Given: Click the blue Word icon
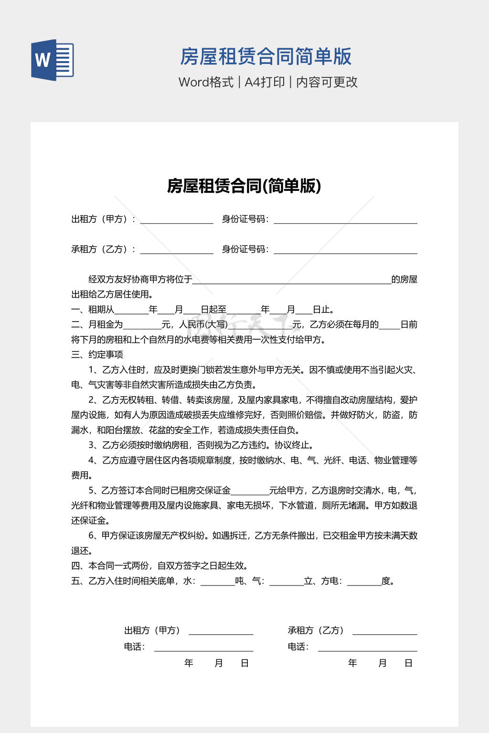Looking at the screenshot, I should click(x=53, y=60).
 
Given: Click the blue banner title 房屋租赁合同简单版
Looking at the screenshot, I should click(x=266, y=56).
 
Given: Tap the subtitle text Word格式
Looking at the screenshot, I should click(x=206, y=82).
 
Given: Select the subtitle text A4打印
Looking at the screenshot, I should click(x=265, y=82).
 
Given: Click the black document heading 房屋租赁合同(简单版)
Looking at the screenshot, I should click(x=244, y=186).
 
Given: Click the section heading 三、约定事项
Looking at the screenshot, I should click(x=97, y=355).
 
